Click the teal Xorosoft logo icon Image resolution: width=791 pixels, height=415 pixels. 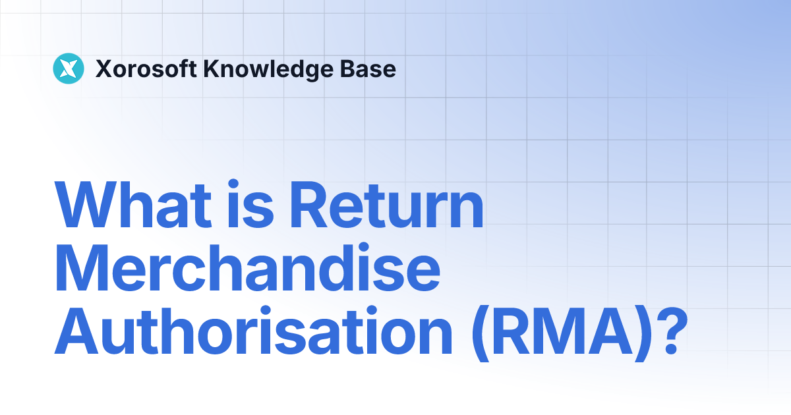(x=68, y=69)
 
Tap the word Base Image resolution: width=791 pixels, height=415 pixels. (x=372, y=69)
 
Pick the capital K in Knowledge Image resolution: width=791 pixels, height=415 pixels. (x=210, y=69)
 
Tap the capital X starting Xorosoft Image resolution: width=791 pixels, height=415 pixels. (x=103, y=69)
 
